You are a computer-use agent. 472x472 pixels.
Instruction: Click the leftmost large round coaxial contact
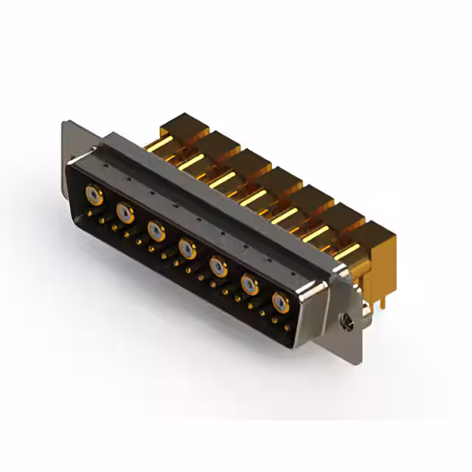click(x=94, y=195)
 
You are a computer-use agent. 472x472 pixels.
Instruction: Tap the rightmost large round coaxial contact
click(x=280, y=302)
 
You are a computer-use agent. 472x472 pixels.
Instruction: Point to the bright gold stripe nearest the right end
click(x=345, y=251)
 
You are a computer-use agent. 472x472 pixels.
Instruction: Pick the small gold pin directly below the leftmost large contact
click(x=91, y=213)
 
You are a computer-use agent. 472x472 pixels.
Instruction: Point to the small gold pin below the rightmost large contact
click(x=277, y=322)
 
